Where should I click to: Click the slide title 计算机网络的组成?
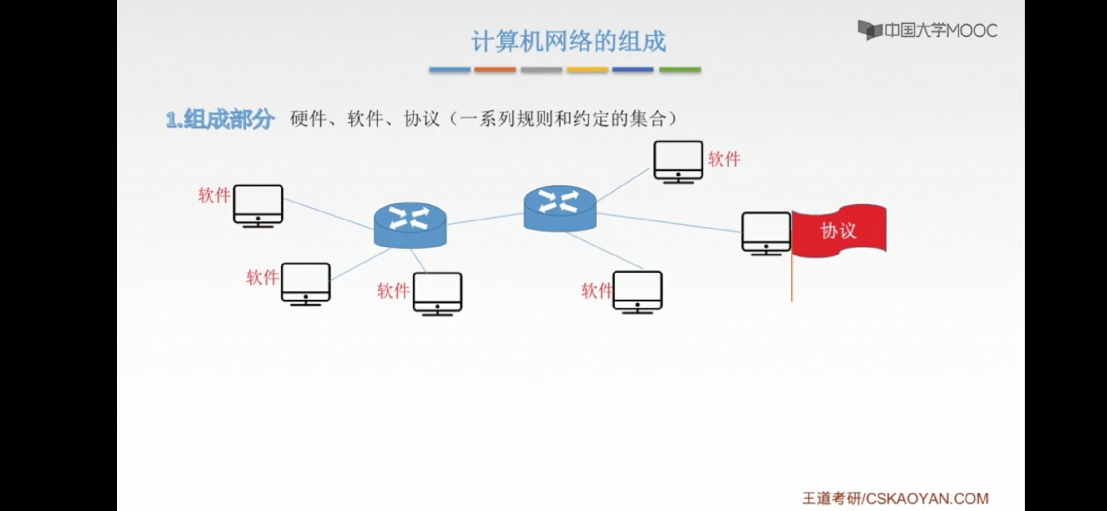568,42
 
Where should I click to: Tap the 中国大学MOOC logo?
927,31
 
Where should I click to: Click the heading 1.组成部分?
220,119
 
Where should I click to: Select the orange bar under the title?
495,70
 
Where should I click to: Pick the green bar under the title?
680,70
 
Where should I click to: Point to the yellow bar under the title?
587,70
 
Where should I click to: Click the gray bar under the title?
541,70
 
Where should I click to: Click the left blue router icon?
410,225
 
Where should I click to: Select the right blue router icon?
560,208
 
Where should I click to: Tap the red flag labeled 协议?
839,231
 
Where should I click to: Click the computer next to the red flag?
766,233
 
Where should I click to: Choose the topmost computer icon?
678,161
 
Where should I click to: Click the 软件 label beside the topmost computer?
724,159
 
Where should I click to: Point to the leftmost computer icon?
258,205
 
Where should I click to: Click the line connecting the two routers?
485,219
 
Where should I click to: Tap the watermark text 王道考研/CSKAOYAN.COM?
895,498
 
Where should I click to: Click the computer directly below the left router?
437,293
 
